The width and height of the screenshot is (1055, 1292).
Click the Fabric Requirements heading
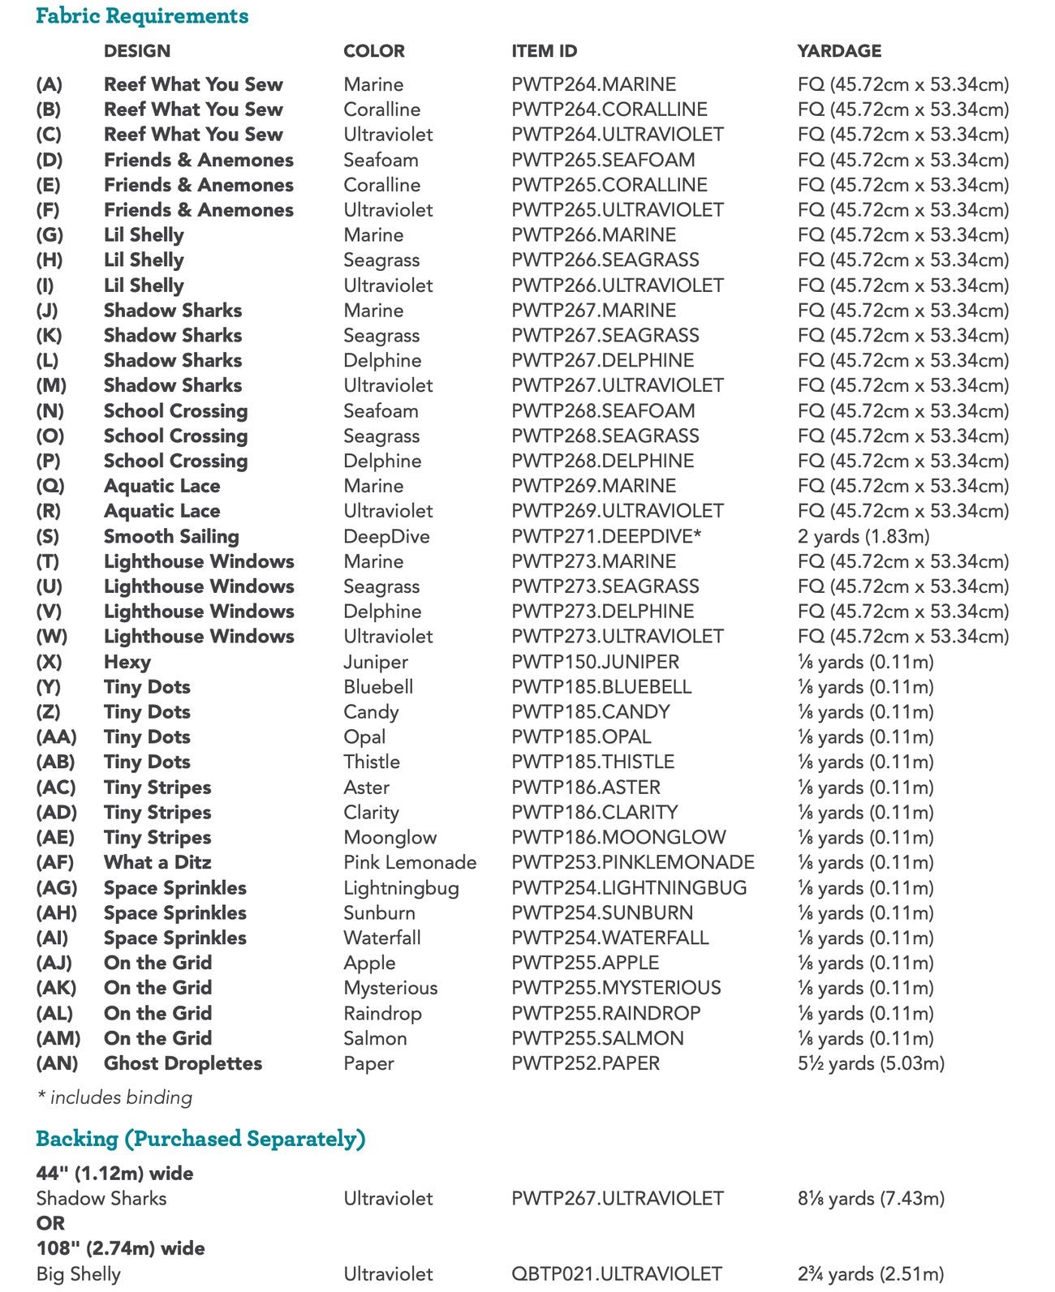pos(142,16)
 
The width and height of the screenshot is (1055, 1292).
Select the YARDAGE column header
pos(838,51)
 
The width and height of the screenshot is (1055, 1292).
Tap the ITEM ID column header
pos(544,51)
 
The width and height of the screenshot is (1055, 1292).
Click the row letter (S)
pos(48,537)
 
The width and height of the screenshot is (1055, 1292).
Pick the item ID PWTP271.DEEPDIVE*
pos(606,537)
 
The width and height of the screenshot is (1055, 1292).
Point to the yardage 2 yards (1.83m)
pos(863,537)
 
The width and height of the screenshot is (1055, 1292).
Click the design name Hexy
pos(127,663)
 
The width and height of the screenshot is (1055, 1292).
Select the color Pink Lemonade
pos(410,863)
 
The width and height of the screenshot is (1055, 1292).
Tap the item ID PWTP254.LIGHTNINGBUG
pos(629,888)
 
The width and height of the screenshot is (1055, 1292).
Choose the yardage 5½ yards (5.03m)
pos(871,1063)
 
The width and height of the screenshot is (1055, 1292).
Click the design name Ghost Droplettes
pos(183,1063)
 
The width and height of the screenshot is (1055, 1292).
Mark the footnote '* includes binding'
pos(114,1098)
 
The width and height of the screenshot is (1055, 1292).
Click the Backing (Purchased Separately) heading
pos(200,1140)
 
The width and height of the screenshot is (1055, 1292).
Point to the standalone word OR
pos(50,1223)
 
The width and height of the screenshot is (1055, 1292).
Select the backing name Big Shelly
pos(78,1274)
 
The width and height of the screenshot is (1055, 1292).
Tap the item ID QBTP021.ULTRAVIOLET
pos(616,1274)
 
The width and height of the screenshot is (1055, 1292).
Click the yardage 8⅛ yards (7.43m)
pos(871,1199)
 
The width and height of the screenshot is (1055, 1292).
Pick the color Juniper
pos(375,663)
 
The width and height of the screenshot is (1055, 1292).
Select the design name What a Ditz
pos(157,863)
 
